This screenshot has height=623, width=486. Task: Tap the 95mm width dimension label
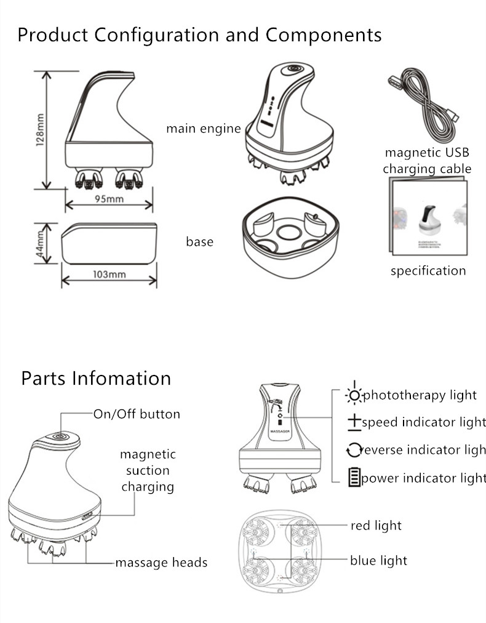109,199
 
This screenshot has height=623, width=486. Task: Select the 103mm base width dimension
109,274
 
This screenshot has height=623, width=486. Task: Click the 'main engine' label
204,129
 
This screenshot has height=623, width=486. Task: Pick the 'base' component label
200,242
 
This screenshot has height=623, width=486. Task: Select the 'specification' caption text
428,271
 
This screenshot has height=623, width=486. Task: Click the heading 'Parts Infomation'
96,377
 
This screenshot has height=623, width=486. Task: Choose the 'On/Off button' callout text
137,414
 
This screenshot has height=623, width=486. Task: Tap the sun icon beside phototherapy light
354,394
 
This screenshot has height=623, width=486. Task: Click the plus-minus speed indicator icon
354,422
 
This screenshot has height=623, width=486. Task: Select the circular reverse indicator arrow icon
354,451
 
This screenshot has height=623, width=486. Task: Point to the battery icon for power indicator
354,478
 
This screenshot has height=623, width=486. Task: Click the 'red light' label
376,526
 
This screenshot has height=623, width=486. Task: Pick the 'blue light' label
378,560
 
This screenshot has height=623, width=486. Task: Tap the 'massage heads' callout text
161,563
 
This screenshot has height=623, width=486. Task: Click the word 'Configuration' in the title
159,34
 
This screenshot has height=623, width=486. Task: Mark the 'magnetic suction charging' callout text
148,470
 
